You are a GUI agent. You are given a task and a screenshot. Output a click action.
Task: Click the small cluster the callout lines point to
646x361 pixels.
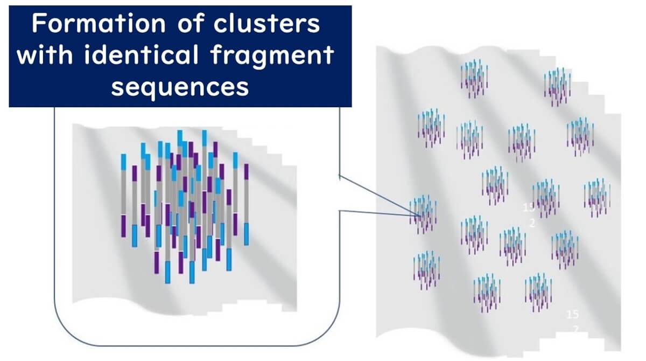[423, 214]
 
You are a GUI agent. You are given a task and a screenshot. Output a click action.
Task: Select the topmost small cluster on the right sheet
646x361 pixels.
[474, 79]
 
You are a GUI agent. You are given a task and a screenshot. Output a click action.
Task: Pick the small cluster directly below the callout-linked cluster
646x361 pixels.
[427, 269]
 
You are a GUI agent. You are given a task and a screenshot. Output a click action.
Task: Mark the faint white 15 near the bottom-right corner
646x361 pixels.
[573, 315]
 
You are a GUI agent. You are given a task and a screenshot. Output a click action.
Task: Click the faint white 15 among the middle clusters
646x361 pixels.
[529, 207]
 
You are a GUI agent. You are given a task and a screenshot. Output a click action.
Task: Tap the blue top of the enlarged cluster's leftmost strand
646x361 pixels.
[123, 162]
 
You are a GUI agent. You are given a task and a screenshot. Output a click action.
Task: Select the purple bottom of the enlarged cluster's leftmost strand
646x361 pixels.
[123, 225]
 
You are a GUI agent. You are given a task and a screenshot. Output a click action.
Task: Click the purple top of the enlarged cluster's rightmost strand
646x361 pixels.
[246, 171]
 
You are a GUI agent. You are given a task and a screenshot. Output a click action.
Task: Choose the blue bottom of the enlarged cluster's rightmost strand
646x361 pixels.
[246, 234]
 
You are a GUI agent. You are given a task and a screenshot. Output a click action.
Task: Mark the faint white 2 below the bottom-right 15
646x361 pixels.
[575, 329]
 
